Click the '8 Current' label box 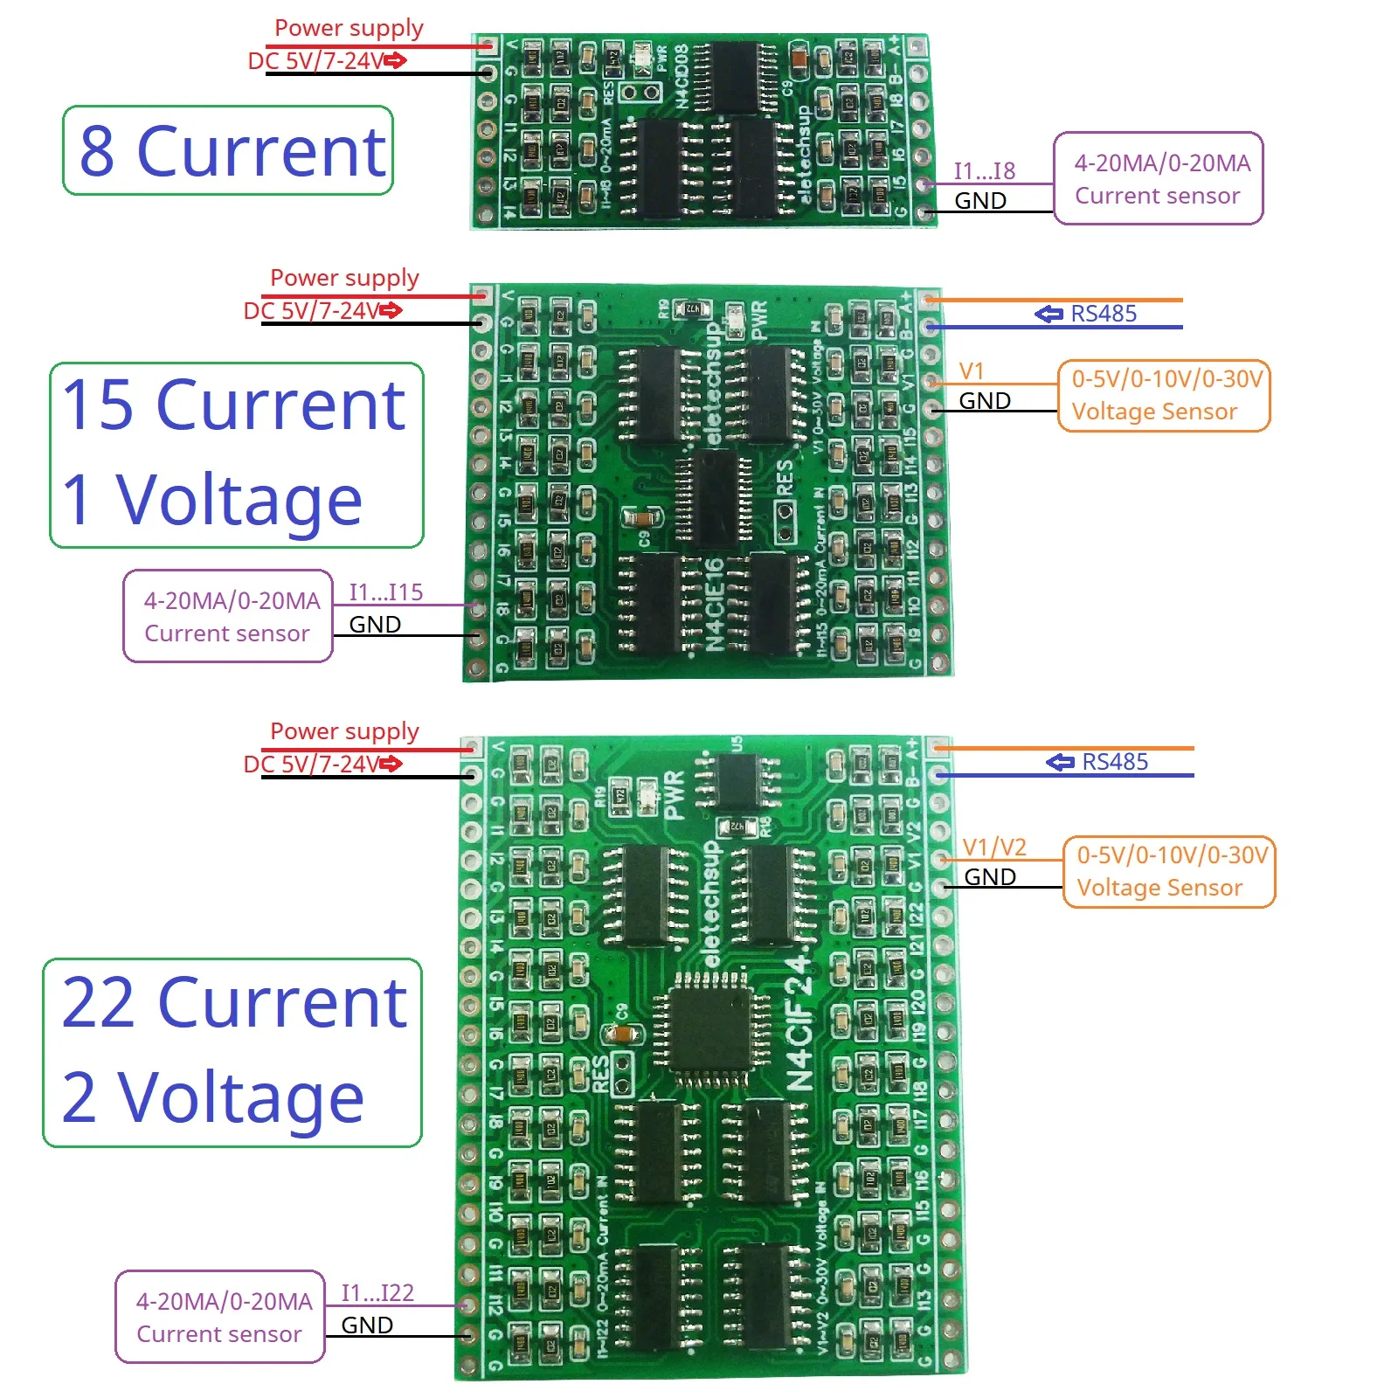click(x=228, y=150)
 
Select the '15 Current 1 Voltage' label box click(x=236, y=455)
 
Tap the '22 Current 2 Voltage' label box click(x=232, y=1052)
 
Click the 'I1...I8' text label click(x=984, y=170)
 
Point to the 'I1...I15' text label click(x=385, y=592)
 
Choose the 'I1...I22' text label click(x=377, y=1292)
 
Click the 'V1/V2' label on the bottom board click(x=994, y=847)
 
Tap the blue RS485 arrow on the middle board click(x=1048, y=314)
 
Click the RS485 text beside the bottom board click(x=1115, y=762)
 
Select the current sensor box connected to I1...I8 click(x=1159, y=179)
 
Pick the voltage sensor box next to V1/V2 click(x=1170, y=871)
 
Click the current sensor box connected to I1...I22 click(x=220, y=1317)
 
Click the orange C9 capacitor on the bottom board click(x=622, y=1034)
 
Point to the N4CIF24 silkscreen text click(x=800, y=1023)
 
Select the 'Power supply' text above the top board click(x=349, y=28)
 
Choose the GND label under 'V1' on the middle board click(x=985, y=401)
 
